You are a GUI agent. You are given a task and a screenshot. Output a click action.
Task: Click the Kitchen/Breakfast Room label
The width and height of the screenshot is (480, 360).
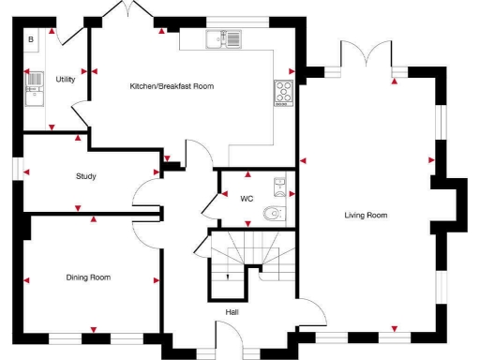pos(172,86)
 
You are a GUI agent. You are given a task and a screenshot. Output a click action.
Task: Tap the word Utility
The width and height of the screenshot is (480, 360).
pos(65,80)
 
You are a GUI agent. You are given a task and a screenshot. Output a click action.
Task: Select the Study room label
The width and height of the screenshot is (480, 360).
pos(86,176)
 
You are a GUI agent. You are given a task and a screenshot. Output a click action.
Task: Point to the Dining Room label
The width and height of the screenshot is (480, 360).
pos(88,277)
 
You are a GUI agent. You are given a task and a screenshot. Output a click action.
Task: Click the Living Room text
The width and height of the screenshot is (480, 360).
pos(366,216)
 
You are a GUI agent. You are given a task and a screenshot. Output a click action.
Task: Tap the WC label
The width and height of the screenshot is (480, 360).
pos(247,199)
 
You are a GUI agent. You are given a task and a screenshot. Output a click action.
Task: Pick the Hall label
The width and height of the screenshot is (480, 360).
pos(232,312)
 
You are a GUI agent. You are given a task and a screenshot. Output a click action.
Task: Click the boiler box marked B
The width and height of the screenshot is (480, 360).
pos(30,39)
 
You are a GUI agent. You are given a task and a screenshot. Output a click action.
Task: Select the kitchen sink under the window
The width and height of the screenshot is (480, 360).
pos(226,38)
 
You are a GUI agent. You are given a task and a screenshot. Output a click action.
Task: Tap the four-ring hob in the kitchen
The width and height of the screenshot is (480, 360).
pos(284,91)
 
